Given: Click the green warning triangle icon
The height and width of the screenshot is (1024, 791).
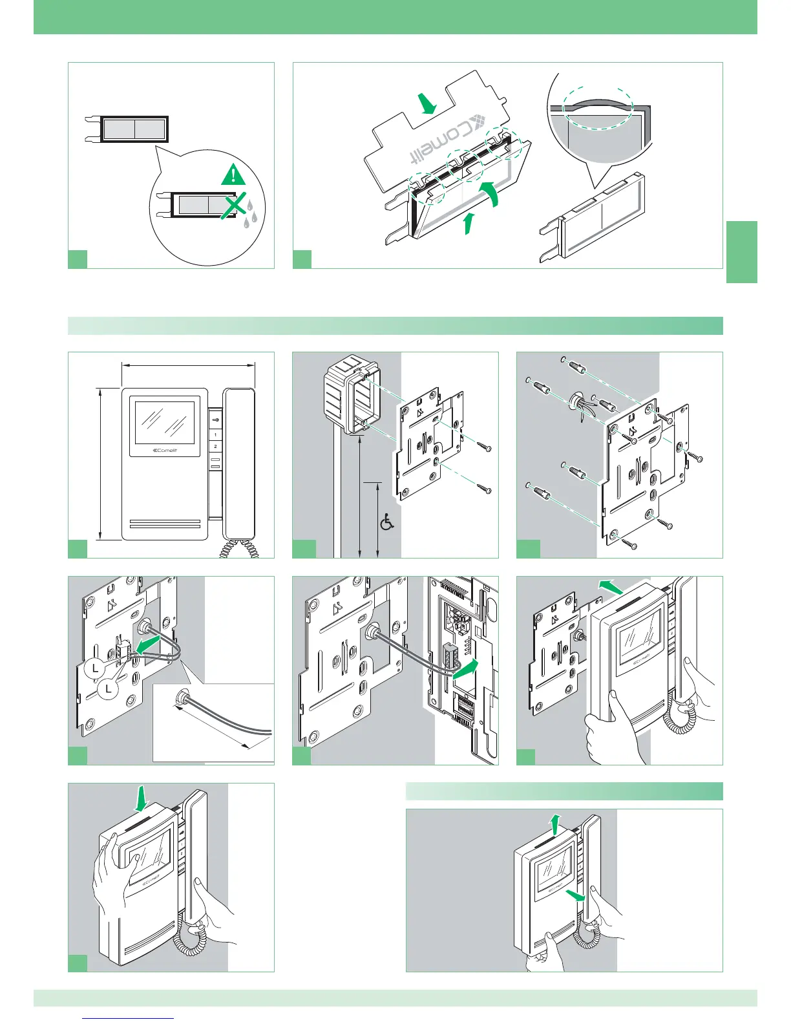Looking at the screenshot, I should point(233,174).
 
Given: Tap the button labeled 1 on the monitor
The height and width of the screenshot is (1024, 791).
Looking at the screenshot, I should point(215,434).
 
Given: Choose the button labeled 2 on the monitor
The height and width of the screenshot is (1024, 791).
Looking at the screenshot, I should point(215,447).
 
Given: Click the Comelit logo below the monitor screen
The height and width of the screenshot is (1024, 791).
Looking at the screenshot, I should point(164,451).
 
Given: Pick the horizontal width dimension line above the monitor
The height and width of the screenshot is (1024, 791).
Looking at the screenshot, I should point(188,365).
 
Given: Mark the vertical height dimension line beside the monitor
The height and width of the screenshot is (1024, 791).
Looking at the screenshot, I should point(100,463).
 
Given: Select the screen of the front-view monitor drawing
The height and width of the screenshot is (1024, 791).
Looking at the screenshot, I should point(164,423).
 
